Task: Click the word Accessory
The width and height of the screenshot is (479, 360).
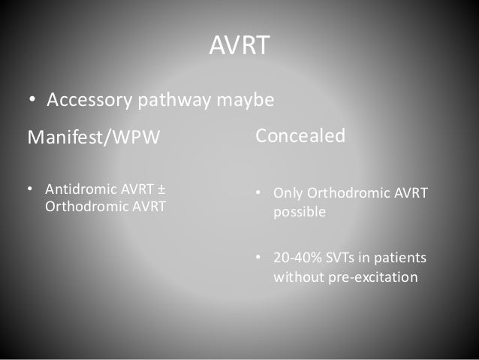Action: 89,101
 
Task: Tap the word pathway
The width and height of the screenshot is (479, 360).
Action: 174,101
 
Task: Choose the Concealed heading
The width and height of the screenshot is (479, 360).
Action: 300,136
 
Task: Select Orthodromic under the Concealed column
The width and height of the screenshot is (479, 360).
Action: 345,194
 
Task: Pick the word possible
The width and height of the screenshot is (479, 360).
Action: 299,212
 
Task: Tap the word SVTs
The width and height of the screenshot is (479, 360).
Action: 341,259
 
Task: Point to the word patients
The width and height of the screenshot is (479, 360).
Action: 402,259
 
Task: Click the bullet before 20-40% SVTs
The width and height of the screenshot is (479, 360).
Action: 258,259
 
